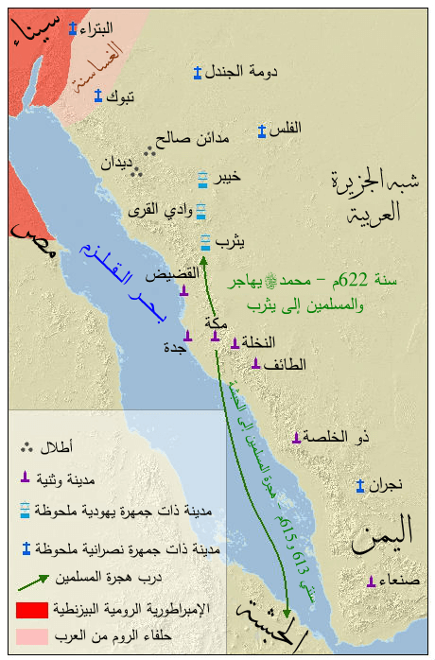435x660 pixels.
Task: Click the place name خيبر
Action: tap(228, 177)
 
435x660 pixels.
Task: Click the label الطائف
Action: tap(286, 364)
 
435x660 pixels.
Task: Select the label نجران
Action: tap(385, 486)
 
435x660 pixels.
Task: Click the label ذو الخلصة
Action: tap(339, 436)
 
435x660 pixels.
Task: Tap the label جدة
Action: tap(173, 347)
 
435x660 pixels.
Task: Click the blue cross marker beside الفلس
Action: tap(262, 131)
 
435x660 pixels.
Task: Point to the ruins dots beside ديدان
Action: tap(137, 171)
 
